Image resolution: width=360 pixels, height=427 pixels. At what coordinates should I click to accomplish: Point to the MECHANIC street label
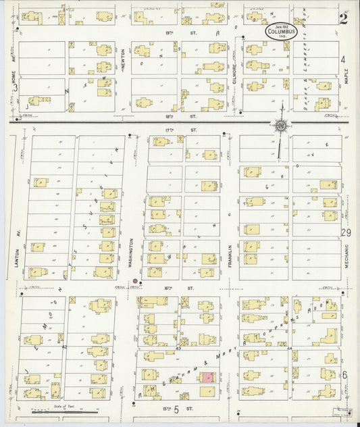(345, 258)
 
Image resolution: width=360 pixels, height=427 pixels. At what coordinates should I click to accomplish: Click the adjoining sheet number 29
(346, 232)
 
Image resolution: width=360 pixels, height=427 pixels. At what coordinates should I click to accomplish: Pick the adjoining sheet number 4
(343, 59)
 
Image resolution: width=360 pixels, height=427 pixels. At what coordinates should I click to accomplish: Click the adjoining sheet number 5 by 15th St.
(176, 409)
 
